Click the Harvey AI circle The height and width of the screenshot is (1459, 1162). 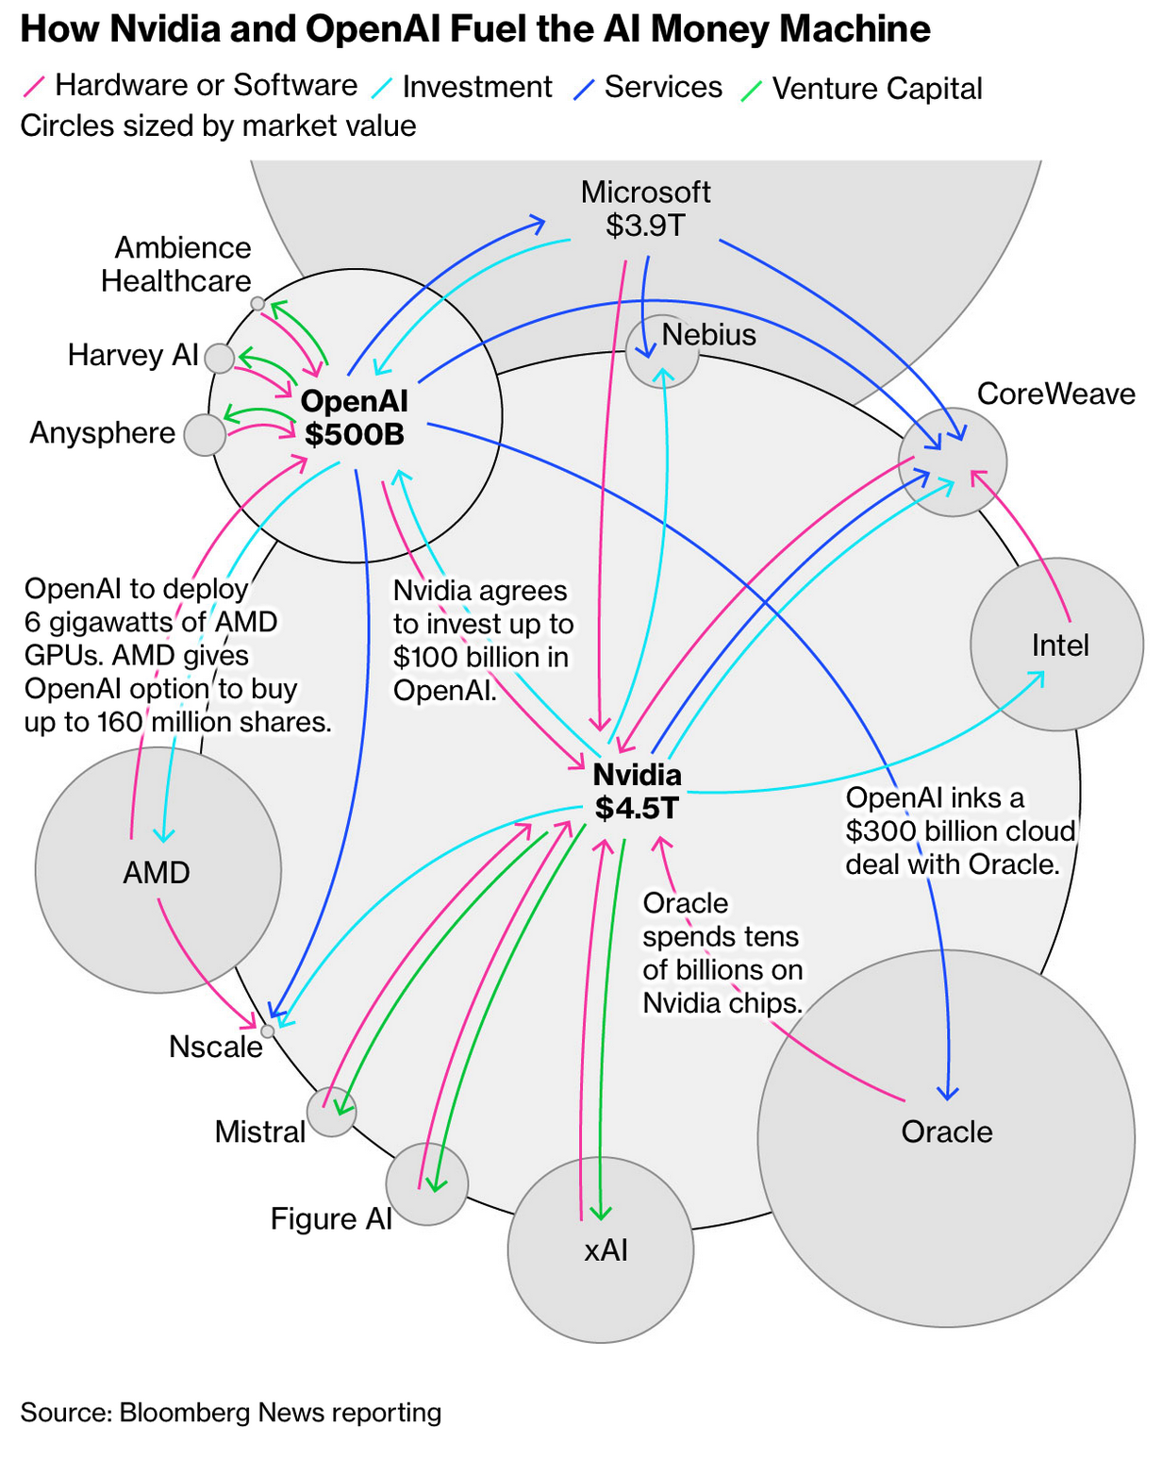tap(219, 359)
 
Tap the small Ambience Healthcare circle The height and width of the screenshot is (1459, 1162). tap(257, 303)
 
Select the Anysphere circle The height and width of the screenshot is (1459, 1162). tap(205, 434)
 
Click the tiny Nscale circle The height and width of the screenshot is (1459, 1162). tap(268, 1031)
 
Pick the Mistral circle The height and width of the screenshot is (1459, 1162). tap(332, 1111)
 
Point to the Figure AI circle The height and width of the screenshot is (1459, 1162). tap(426, 1183)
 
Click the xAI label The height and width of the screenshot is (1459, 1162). tap(606, 1249)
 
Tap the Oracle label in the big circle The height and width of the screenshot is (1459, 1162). tap(947, 1132)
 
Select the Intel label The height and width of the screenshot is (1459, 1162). tap(1060, 646)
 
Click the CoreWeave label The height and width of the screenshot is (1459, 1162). tap(1055, 394)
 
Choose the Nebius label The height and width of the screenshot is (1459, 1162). tap(708, 334)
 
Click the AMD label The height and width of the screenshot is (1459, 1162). tap(157, 872)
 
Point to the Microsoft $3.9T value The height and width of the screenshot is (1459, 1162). tap(645, 226)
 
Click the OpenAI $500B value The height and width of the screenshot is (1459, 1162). tap(355, 434)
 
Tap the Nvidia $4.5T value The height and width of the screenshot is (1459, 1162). tap(637, 808)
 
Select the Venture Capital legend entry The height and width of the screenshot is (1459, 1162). tap(876, 89)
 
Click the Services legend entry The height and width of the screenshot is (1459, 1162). tap(662, 87)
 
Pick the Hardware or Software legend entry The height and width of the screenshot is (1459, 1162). tap(206, 85)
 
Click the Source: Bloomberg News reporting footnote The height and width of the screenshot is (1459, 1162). tap(231, 1412)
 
